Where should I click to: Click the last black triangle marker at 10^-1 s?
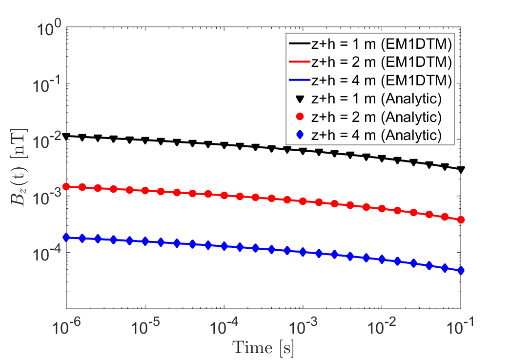coord(461,170)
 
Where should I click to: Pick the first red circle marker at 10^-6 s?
coord(66,186)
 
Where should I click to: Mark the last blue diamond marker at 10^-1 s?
coord(461,271)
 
